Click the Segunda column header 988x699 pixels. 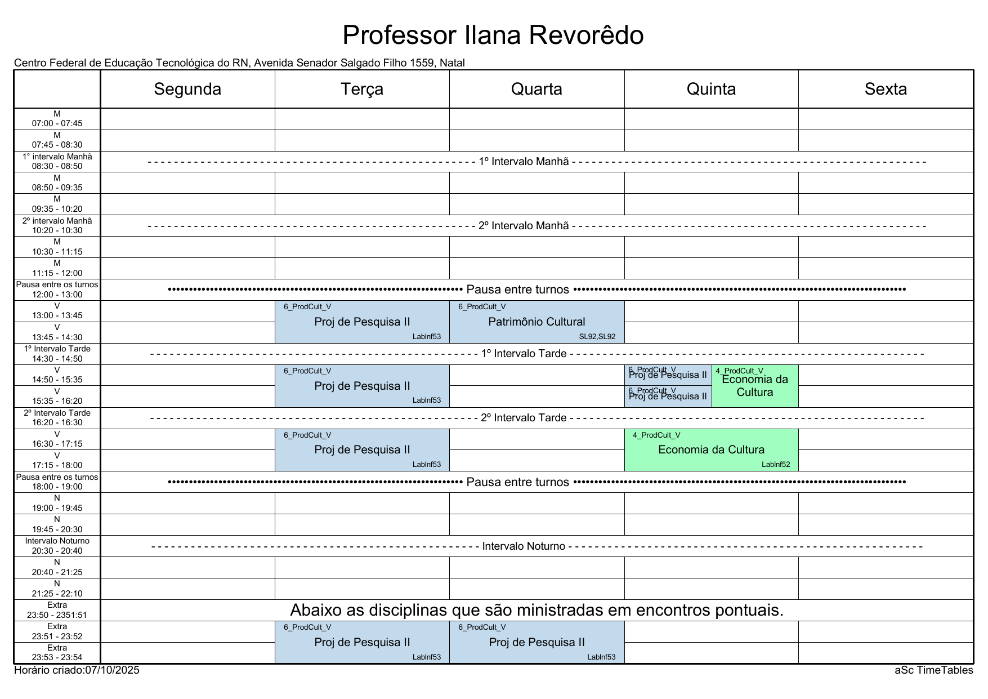click(187, 89)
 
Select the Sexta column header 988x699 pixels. click(886, 89)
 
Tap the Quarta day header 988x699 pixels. click(537, 89)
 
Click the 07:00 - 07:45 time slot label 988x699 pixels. click(57, 119)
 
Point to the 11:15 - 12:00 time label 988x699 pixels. click(57, 269)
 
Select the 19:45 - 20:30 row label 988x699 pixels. click(57, 525)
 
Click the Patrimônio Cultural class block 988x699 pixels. click(537, 322)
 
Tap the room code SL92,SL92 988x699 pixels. click(597, 337)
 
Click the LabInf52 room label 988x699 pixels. click(776, 465)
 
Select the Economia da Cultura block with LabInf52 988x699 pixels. click(711, 449)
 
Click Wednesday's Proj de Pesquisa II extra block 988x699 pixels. click(537, 642)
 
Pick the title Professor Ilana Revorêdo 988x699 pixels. click(493, 35)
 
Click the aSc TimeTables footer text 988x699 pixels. click(934, 670)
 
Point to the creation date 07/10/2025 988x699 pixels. click(112, 670)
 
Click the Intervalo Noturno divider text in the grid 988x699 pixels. click(524, 546)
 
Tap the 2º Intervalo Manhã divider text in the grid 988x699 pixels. click(524, 226)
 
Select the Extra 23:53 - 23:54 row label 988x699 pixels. click(57, 653)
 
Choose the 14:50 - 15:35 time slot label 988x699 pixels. click(57, 375)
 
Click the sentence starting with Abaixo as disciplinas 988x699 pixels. click(537, 610)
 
